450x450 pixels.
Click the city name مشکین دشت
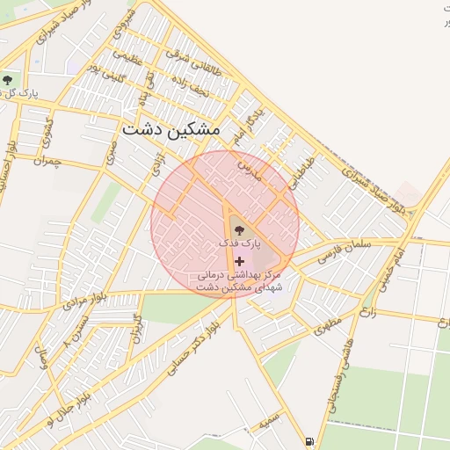point(171,129)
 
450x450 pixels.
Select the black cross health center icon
point(239,261)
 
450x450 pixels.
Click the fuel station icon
point(308,441)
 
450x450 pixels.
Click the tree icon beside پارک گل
point(7,81)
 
